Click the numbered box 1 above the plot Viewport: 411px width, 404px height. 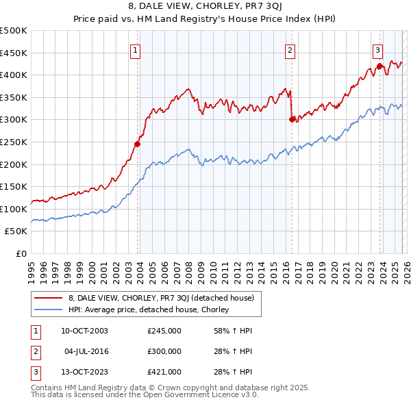[x=135, y=49]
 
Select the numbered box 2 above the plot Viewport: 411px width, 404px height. [x=290, y=49]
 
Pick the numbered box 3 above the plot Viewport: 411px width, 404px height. [x=377, y=49]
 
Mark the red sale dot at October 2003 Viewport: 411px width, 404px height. [x=137, y=144]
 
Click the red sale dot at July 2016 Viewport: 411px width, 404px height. [x=292, y=119]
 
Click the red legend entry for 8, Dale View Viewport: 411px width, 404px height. [x=161, y=298]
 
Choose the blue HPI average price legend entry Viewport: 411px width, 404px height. [x=148, y=310]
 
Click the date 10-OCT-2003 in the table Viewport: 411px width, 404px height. [x=84, y=331]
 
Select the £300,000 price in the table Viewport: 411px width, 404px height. [x=164, y=351]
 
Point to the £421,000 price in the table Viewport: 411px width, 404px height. [x=164, y=372]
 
